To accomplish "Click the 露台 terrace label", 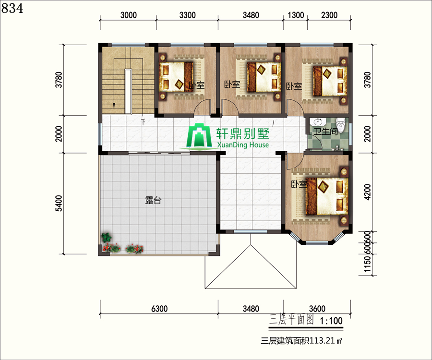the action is [x=153, y=200].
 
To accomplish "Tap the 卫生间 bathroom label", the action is [x=325, y=132].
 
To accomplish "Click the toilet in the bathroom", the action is [x=341, y=125].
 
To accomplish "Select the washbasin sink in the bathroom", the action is [x=319, y=122].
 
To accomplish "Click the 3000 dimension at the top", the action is [x=128, y=15].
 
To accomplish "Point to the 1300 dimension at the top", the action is [x=296, y=15].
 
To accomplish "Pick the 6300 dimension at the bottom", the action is [x=159, y=309].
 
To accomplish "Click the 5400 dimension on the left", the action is [x=59, y=203].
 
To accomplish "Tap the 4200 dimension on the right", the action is [x=368, y=192].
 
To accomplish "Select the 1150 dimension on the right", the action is [x=368, y=264].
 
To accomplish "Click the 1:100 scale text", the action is [x=331, y=321].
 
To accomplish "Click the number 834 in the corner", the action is [x=12, y=9].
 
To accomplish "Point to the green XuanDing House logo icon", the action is [x=198, y=136].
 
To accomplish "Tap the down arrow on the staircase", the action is [x=113, y=106].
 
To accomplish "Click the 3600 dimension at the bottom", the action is [x=317, y=309].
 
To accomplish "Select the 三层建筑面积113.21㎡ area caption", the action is [x=301, y=341].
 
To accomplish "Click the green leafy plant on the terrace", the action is [x=107, y=237].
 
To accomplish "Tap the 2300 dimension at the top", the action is [x=329, y=15].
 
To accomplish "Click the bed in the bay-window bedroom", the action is [x=327, y=196].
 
